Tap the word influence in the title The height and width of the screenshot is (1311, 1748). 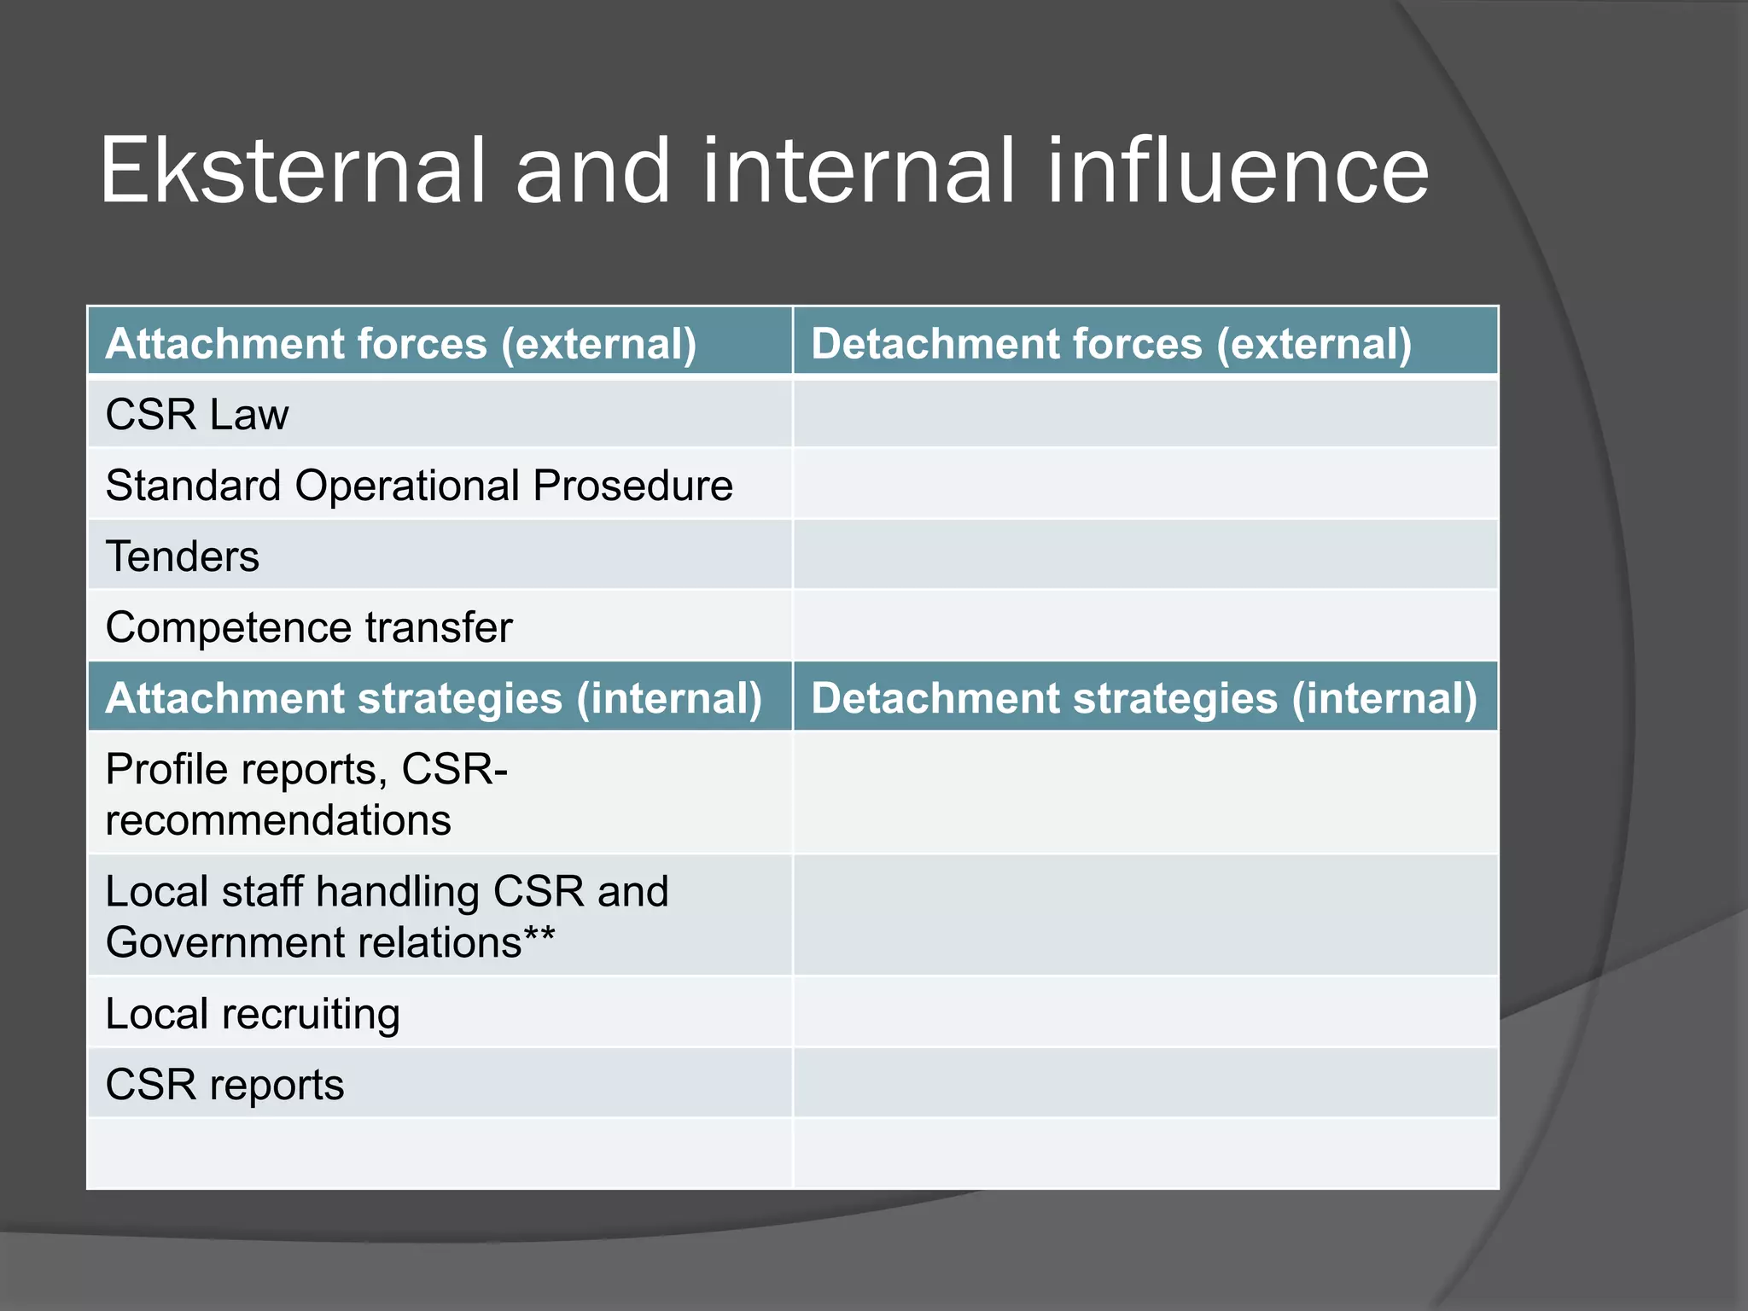click(1237, 172)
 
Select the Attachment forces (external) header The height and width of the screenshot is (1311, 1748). click(401, 344)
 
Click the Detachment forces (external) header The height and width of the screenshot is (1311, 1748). click(1111, 344)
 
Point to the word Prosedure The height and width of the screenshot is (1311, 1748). click(632, 486)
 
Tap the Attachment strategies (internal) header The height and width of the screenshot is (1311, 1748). click(434, 698)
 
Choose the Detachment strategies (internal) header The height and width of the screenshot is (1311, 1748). click(1144, 698)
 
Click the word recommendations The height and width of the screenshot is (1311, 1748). click(278, 821)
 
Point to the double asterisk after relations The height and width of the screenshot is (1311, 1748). click(539, 937)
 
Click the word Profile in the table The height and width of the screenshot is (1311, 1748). click(166, 769)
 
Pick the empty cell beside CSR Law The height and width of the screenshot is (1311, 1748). click(1145, 414)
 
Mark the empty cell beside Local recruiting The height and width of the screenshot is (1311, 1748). click(1145, 1013)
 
